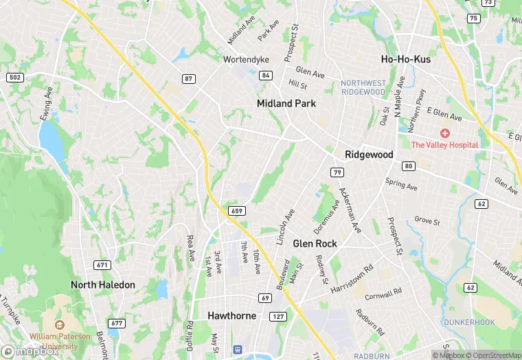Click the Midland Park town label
click(286, 103)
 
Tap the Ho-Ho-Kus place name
click(405, 60)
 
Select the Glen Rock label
click(314, 243)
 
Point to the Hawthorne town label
click(231, 315)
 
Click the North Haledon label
click(103, 284)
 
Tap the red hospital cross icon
click(445, 133)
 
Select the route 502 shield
click(15, 78)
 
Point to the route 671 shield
click(102, 265)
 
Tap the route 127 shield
click(277, 316)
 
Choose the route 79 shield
click(337, 171)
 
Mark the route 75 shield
click(473, 19)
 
